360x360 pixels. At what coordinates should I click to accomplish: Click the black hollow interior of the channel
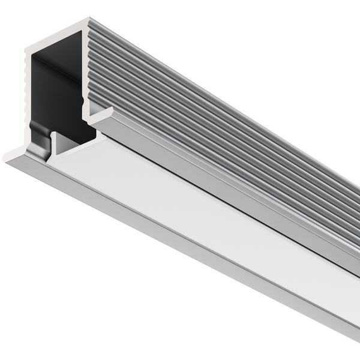point(57,90)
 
